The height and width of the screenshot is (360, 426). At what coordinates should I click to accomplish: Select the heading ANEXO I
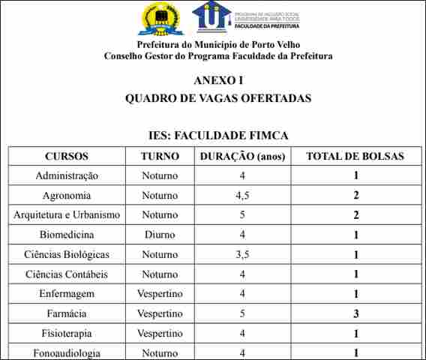[x=218, y=81]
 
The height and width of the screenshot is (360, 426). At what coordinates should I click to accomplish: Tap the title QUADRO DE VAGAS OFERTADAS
[x=218, y=98]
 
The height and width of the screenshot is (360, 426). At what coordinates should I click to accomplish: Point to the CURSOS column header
[x=67, y=157]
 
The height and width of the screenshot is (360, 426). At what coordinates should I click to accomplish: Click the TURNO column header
[x=160, y=157]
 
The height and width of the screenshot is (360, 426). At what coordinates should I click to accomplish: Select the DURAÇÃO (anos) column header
[x=242, y=157]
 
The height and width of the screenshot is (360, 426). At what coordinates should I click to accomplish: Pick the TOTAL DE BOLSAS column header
[x=355, y=157]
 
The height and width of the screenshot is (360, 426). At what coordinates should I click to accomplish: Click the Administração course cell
[x=67, y=176]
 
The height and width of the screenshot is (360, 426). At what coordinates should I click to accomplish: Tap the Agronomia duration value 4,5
[x=242, y=196]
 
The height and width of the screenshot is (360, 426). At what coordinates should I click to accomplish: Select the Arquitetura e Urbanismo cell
[x=67, y=215]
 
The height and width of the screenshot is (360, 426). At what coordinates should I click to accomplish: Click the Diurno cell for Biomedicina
[x=160, y=235]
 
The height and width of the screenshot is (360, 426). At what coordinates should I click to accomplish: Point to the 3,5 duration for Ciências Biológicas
[x=242, y=255]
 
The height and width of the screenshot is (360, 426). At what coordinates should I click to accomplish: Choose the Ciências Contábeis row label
[x=67, y=274]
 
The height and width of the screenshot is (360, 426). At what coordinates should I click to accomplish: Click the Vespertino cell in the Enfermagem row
[x=160, y=294]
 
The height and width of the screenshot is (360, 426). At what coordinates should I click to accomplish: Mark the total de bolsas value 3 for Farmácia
[x=356, y=313]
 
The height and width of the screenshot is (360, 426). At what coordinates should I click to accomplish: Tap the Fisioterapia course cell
[x=67, y=333]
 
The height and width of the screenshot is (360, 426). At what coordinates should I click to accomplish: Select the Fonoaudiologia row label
[x=67, y=352]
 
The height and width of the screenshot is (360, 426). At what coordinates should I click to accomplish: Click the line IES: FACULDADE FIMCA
[x=218, y=136]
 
